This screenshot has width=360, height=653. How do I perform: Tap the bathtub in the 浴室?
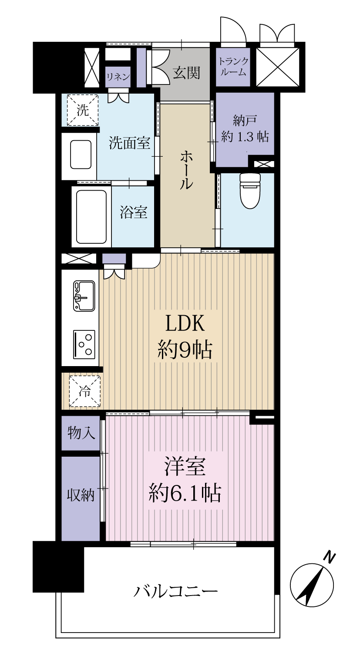[x=91, y=217]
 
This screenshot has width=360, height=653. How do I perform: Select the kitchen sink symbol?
[x=84, y=296]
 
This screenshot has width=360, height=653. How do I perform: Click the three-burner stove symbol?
[x=84, y=345]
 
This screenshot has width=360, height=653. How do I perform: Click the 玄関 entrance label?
[x=187, y=73]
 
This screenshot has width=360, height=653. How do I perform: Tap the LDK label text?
[x=185, y=323]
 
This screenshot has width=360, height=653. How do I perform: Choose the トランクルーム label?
[x=233, y=67]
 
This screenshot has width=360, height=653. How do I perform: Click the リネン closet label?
[x=118, y=77]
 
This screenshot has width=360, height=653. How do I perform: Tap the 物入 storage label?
[x=81, y=433]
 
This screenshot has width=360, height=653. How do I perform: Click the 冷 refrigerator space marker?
[x=84, y=391]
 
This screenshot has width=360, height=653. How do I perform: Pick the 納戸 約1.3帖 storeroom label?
[x=245, y=128]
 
